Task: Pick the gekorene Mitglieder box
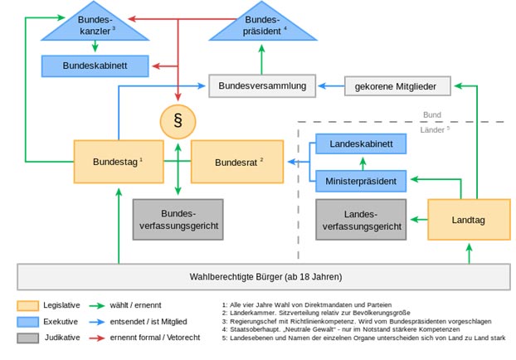397,85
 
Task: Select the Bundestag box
118,161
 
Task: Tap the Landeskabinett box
361,144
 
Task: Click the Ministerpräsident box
361,179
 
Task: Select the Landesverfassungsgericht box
361,219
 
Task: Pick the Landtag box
468,219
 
